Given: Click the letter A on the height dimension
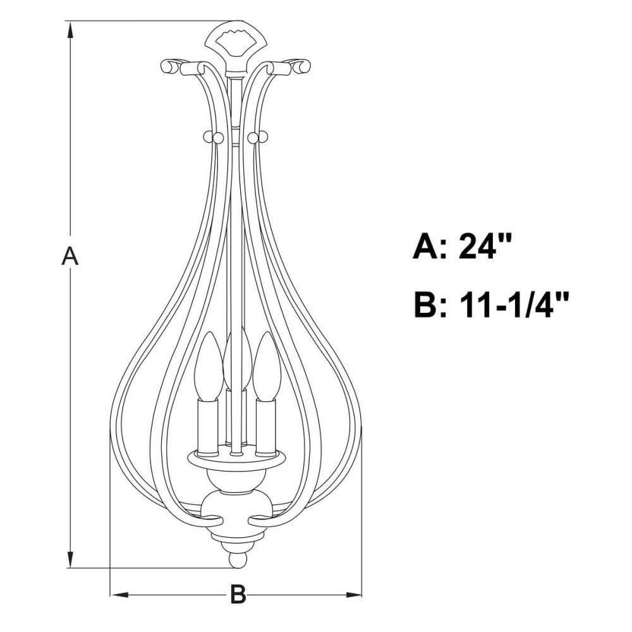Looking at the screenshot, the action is point(70,257).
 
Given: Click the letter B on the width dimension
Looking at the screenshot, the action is point(238,594).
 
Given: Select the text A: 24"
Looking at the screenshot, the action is point(463,246).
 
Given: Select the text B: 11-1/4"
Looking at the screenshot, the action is point(492,305).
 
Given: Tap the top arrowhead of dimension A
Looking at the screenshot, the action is point(71,30).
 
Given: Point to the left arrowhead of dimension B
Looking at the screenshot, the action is point(119,595).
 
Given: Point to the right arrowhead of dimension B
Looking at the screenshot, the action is point(353,595).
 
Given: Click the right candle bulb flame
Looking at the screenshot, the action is point(267,366).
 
